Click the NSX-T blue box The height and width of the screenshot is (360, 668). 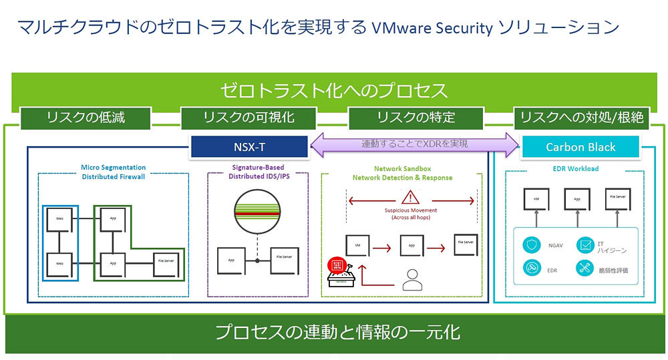click(248, 147)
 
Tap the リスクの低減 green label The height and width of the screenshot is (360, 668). click(86, 118)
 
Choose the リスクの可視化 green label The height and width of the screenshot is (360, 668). click(248, 118)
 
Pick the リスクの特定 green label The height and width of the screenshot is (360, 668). click(415, 118)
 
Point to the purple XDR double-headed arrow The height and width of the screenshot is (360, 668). click(414, 144)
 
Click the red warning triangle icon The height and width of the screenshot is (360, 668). click(409, 197)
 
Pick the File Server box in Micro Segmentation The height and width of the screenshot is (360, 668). click(167, 260)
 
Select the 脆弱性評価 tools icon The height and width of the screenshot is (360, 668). click(584, 270)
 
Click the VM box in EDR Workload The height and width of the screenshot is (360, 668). click(536, 199)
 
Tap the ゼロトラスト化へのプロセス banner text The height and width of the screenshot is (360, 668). click(334, 90)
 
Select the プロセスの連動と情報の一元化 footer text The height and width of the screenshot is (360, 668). click(337, 332)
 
